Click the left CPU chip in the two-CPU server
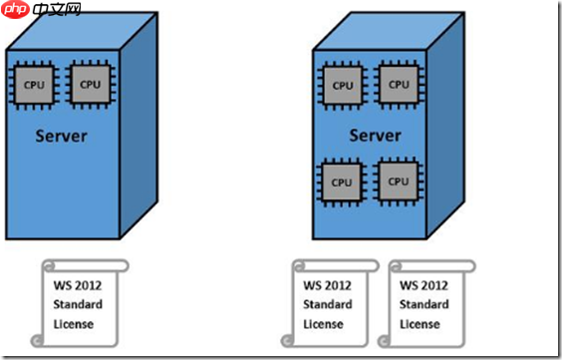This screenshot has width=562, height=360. click(x=35, y=85)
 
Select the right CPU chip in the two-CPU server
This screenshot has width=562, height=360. click(x=91, y=85)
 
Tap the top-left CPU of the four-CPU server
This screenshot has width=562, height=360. click(x=342, y=85)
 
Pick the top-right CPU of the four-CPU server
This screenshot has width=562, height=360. click(x=399, y=85)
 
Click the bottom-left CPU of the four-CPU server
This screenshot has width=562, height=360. click(x=342, y=181)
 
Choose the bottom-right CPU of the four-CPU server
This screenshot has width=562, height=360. click(x=399, y=181)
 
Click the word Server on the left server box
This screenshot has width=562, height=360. click(x=62, y=136)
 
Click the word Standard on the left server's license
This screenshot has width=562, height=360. click(x=78, y=304)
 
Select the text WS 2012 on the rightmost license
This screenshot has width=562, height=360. click(x=423, y=285)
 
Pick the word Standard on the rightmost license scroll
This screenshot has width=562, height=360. click(x=423, y=304)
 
